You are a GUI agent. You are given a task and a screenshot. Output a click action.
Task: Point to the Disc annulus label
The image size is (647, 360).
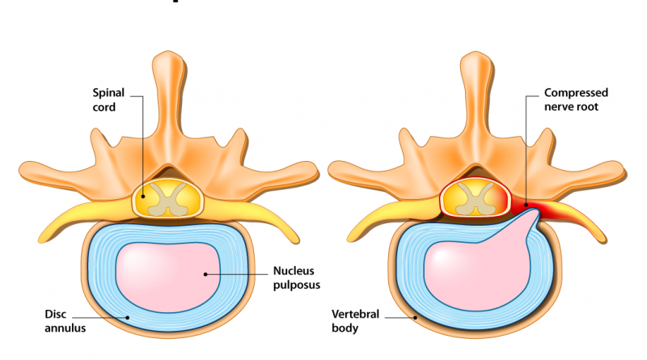point(65,320)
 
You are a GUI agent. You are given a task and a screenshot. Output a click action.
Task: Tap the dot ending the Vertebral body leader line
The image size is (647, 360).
point(416,318)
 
